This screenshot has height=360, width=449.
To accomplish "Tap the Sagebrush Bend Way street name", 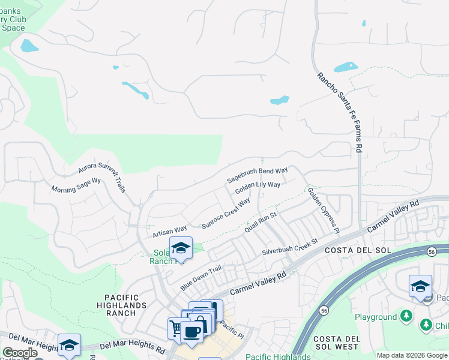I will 258,175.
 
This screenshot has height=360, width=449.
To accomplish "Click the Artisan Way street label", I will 170,229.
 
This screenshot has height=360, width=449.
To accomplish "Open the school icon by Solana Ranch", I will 180,247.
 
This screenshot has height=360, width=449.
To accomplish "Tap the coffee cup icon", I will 192,331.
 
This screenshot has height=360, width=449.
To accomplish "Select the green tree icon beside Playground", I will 406,316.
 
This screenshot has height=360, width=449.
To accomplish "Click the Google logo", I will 20,353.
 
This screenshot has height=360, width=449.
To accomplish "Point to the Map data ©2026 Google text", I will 411,355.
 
